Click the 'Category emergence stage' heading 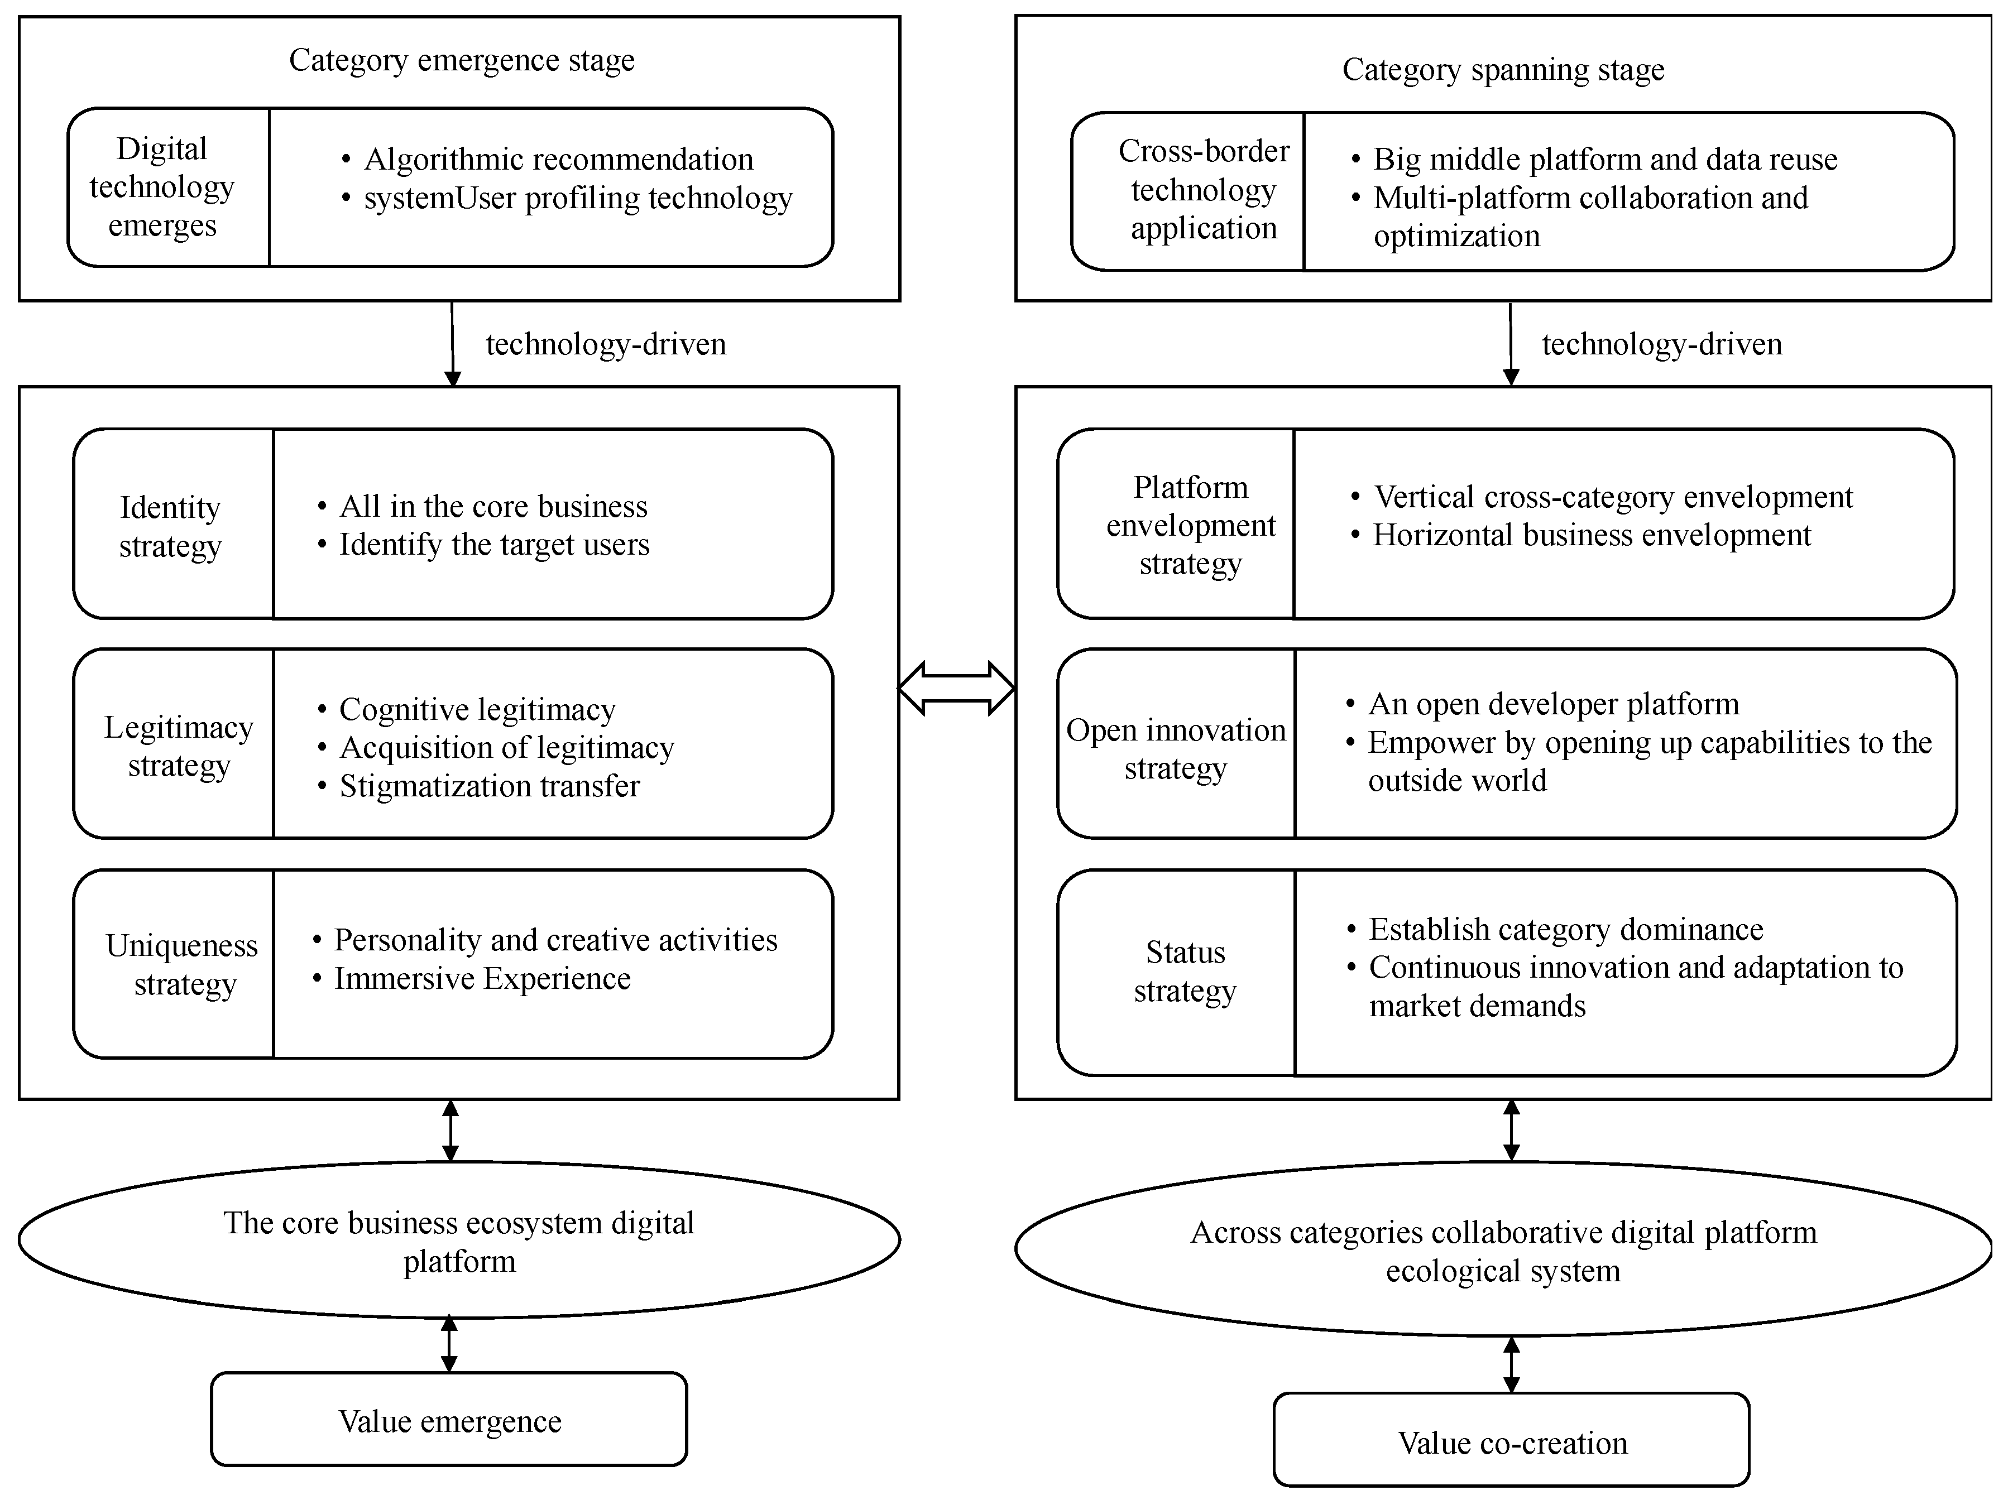tap(461, 60)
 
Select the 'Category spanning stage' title tap(1502, 69)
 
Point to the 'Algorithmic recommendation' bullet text tap(558, 159)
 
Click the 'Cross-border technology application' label tap(1203, 190)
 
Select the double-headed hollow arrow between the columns tap(956, 688)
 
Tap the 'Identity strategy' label tap(171, 526)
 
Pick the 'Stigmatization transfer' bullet tap(488, 786)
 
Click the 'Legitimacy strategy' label tap(179, 746)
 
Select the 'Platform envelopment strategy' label tap(1190, 526)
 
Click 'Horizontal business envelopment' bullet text tap(1592, 535)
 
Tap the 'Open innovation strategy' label tap(1176, 749)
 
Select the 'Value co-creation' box tap(1512, 1443)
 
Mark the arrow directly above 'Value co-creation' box tap(1512, 1365)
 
